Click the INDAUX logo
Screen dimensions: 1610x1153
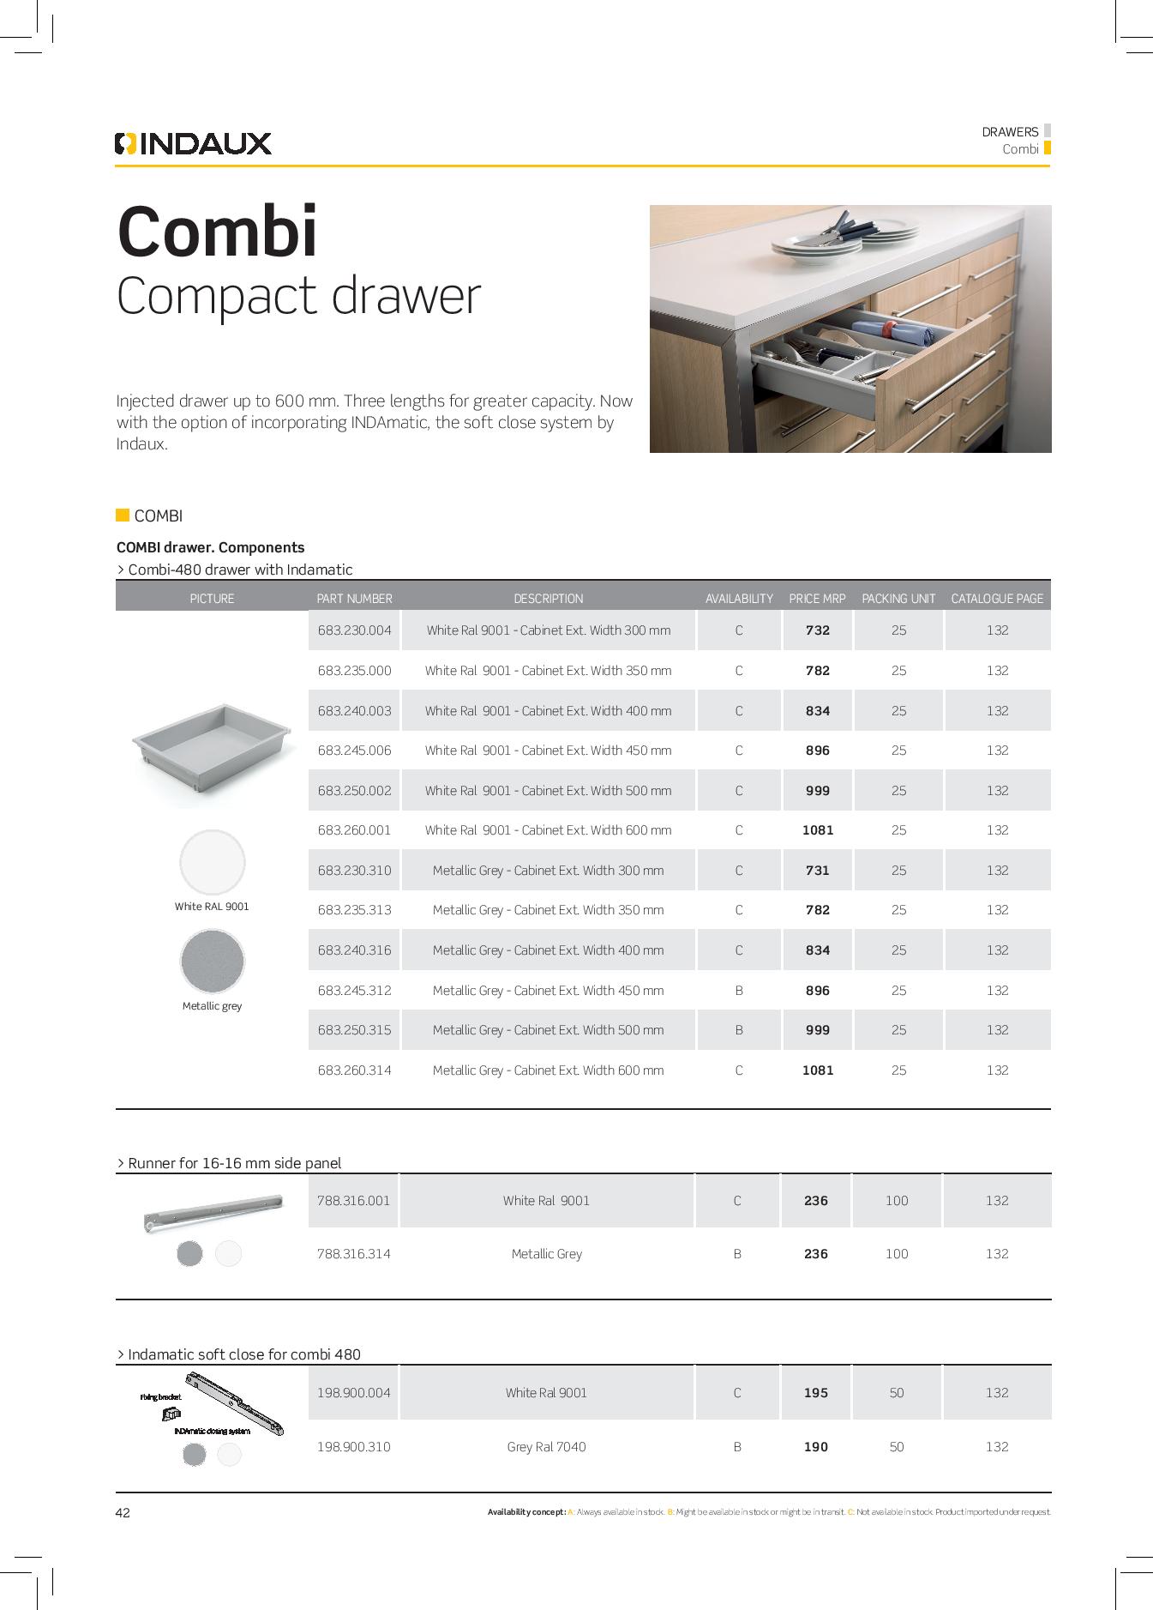[193, 143]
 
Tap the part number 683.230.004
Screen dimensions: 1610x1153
[354, 630]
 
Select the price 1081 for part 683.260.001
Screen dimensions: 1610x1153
[817, 830]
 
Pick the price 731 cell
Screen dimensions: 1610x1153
[817, 870]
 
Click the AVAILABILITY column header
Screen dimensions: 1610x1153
[739, 599]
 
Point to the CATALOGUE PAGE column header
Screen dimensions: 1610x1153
[997, 599]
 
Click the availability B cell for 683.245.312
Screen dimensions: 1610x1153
[739, 990]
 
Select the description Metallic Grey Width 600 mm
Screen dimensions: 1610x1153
[548, 1070]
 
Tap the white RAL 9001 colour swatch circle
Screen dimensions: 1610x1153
[212, 862]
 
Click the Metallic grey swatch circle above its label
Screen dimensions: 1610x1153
[212, 962]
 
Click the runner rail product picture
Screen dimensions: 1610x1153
[213, 1211]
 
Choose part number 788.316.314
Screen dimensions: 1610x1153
[354, 1254]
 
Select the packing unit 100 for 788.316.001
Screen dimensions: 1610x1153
[897, 1201]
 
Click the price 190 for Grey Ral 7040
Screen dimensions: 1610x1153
[816, 1447]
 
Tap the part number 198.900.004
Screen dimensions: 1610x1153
[354, 1393]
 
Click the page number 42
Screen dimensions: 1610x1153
[123, 1513]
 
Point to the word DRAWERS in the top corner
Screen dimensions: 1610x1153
[1010, 132]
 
